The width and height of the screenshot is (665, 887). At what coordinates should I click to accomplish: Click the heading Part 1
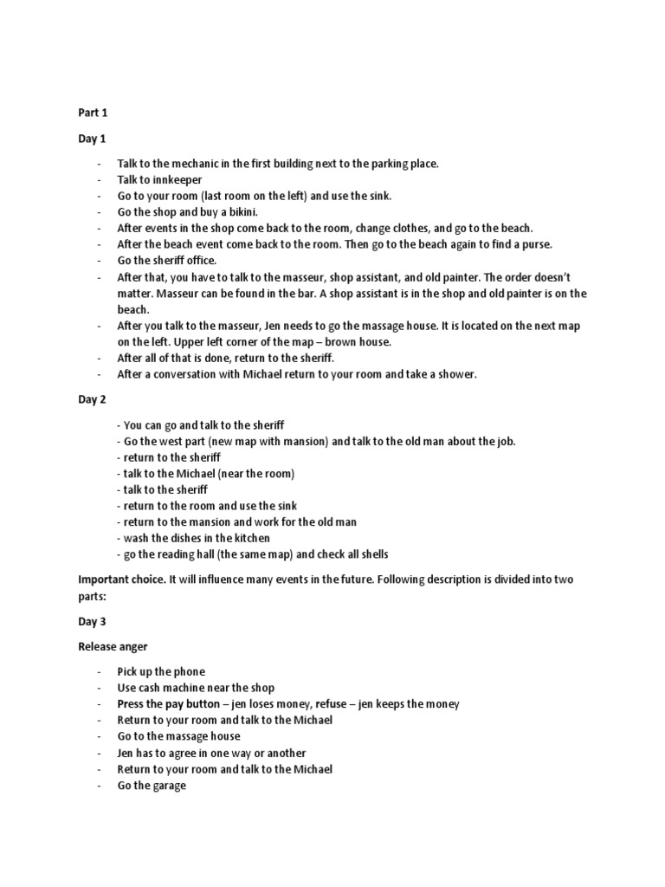92,112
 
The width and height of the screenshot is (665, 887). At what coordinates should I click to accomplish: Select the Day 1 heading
92,137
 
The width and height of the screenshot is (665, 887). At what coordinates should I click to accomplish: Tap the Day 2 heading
92,399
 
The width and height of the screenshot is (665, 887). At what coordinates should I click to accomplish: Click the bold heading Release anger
113,646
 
